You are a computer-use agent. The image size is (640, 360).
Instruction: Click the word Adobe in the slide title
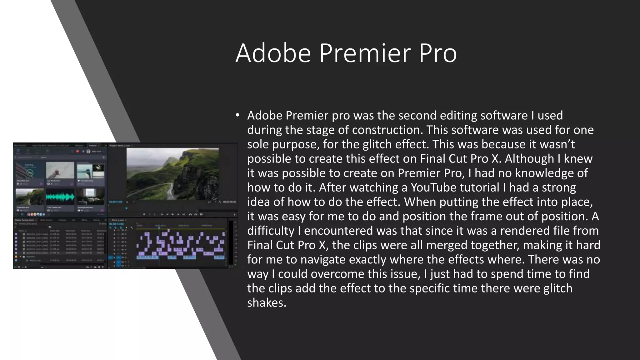273,53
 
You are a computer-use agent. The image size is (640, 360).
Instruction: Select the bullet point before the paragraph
237,116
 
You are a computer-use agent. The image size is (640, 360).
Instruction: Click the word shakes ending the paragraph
266,302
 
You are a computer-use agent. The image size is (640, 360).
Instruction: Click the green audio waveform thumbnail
60,197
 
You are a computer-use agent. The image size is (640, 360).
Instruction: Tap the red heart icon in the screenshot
77,152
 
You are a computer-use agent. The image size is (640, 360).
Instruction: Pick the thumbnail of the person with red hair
60,170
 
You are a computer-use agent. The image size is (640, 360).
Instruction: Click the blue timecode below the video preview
115,202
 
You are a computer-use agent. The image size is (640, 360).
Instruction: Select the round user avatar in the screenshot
88,152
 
